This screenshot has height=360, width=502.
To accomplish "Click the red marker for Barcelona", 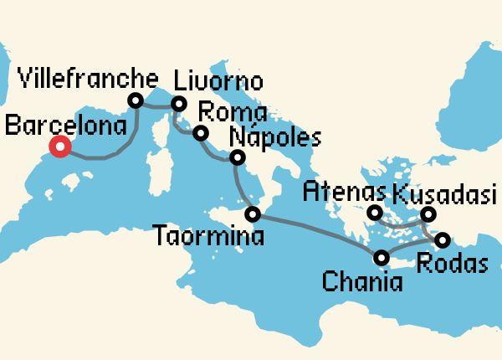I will click(59, 148).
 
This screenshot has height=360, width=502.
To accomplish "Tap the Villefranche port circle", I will click(136, 100).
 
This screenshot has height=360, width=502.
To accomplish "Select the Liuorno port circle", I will click(178, 104).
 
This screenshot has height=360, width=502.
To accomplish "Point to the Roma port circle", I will click(200, 133).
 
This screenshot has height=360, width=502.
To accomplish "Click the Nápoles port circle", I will click(238, 157).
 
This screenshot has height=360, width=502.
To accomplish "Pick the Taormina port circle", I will click(254, 215).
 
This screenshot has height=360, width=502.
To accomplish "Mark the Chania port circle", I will click(382, 258).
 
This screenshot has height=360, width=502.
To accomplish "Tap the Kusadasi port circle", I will click(428, 213).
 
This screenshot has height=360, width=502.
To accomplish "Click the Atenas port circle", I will click(374, 212).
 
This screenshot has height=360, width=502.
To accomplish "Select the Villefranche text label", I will click(88, 80).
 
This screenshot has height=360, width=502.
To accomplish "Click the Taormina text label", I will click(209, 237).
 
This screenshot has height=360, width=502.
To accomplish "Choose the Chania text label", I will click(361, 280).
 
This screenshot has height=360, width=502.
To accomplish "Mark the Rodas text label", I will click(451, 264).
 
